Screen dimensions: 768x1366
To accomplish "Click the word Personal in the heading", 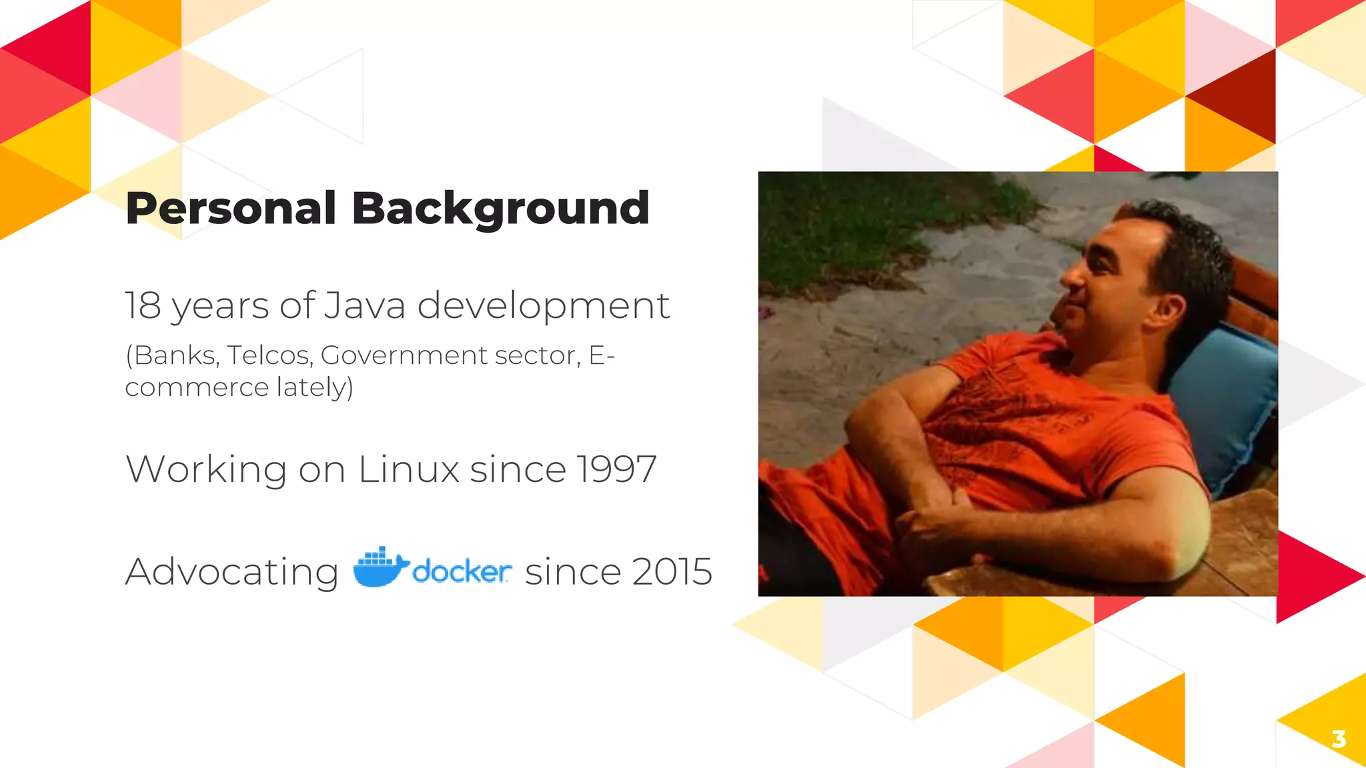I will [x=231, y=209].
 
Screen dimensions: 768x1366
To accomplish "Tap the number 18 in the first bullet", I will [x=143, y=306].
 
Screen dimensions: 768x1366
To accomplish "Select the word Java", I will [x=365, y=306].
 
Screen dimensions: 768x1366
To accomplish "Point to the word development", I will [x=543, y=306].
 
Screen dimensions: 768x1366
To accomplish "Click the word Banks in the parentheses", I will [x=174, y=355].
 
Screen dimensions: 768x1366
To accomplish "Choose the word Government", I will [x=404, y=355].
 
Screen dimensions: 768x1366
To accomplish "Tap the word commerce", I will [x=197, y=387].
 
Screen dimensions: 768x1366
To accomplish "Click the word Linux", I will [x=408, y=469].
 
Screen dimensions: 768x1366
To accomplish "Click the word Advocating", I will [x=232, y=572].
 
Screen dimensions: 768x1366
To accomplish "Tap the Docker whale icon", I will [x=380, y=567].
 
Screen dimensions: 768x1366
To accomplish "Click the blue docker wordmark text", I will [x=462, y=572].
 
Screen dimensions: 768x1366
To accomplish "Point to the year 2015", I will [x=672, y=572].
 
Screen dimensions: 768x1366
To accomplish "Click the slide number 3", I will [x=1338, y=739].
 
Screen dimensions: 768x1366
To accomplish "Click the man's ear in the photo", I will [x=1169, y=308].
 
